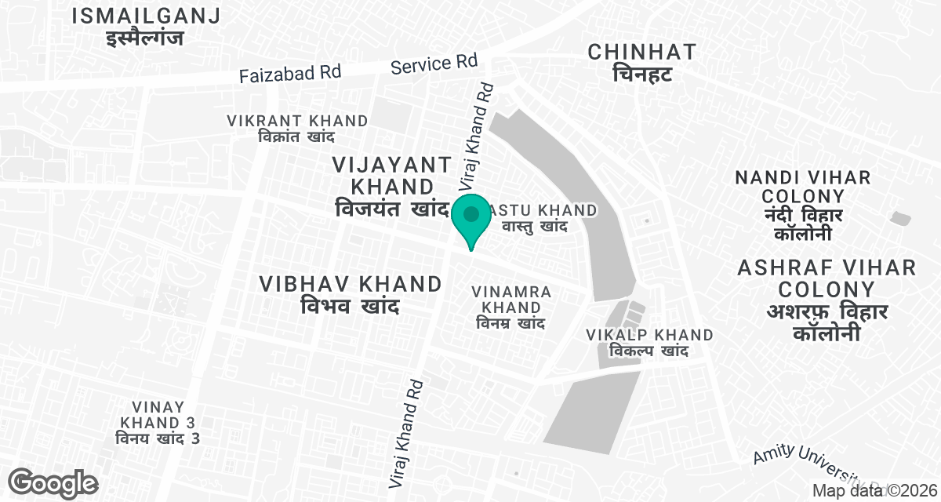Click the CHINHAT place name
pos(641,53)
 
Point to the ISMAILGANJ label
pos(145,15)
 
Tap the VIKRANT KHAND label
pos(297,122)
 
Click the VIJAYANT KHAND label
pos(392,176)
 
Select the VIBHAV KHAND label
pos(351,284)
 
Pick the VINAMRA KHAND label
pos(512,300)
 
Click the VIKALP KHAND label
pos(649,336)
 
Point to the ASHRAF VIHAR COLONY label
pos(827,278)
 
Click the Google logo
pos(54,482)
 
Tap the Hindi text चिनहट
pos(641,75)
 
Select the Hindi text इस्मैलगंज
pos(145,37)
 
